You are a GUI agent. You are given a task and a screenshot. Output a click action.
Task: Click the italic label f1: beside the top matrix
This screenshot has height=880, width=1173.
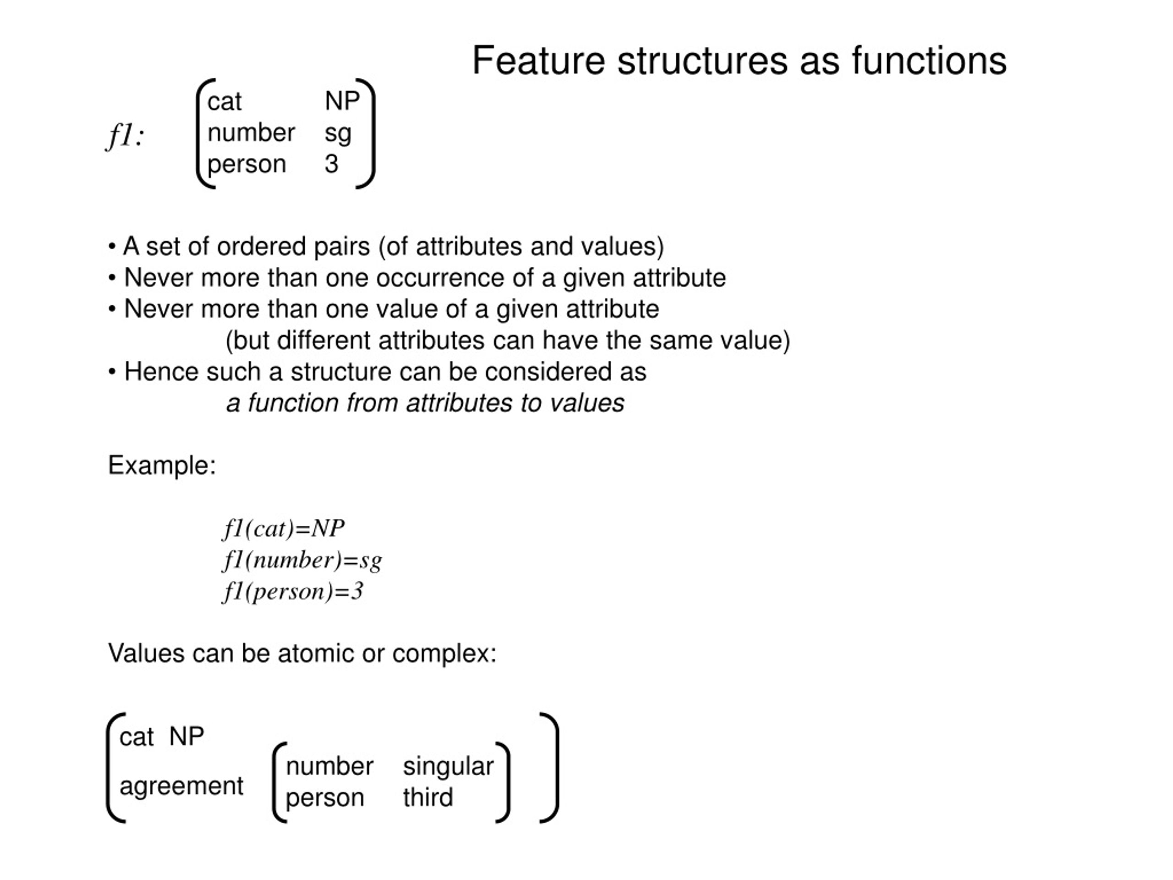tap(125, 136)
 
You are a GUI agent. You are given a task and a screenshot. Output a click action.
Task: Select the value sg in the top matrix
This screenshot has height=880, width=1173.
tap(338, 134)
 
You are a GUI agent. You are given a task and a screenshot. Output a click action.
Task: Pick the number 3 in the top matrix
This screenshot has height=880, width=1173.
tap(331, 164)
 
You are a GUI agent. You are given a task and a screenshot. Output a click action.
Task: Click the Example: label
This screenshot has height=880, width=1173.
tap(162, 466)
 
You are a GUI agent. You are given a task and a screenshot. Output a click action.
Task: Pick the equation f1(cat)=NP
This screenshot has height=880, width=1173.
tap(284, 529)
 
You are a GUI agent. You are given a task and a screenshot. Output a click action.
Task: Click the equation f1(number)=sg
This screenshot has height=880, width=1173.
tap(302, 561)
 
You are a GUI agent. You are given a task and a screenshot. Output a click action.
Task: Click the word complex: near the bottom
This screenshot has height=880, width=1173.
tap(444, 654)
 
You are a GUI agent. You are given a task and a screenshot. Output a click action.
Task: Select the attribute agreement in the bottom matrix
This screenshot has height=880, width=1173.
tap(181, 786)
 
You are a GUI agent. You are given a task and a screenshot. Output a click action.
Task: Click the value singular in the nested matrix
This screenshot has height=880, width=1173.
tap(448, 767)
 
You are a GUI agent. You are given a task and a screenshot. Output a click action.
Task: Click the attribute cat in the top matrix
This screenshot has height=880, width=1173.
tap(225, 101)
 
